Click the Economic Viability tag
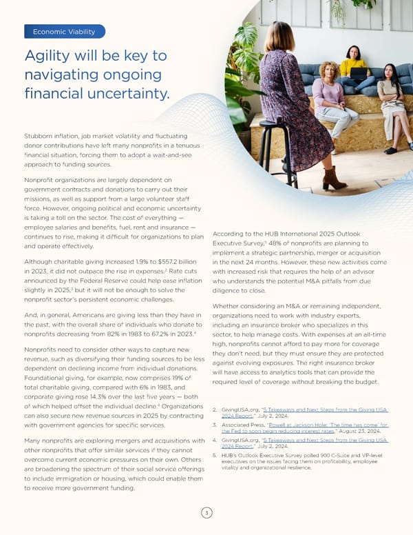[x=64, y=31]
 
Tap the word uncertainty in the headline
[x=129, y=92]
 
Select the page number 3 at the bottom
[x=206, y=513]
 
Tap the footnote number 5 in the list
[x=215, y=455]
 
